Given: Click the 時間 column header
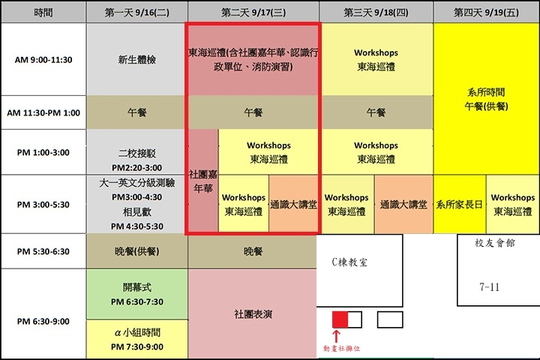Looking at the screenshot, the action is tap(43, 13).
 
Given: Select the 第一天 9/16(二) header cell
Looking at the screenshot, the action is tap(137, 13).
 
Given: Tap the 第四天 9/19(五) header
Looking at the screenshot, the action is tap(486, 13).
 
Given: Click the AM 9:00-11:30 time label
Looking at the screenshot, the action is tap(43, 59).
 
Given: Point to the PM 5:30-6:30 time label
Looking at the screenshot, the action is tap(43, 251).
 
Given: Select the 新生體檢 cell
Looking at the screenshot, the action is tap(137, 59).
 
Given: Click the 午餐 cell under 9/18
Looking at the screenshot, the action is tap(376, 112).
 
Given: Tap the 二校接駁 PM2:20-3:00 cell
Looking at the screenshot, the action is tap(137, 152).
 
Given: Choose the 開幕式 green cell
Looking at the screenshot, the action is tap(137, 294).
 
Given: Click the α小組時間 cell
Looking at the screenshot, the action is tap(137, 339).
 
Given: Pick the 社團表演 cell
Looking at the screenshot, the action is tap(253, 313).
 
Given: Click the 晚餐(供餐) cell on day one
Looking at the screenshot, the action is tap(137, 251).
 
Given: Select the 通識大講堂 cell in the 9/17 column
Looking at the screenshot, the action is tap(293, 204).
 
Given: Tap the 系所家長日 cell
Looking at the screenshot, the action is tap(460, 204).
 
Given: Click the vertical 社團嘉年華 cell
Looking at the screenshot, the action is tap(203, 181).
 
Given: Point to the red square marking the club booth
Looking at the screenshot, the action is tap(340, 319).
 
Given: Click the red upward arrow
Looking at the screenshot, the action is tap(337, 336).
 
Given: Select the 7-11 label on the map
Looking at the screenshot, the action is tap(489, 287).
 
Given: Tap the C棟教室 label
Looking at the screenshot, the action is tap(349, 262).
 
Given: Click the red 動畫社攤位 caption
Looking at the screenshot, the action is tap(342, 348).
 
